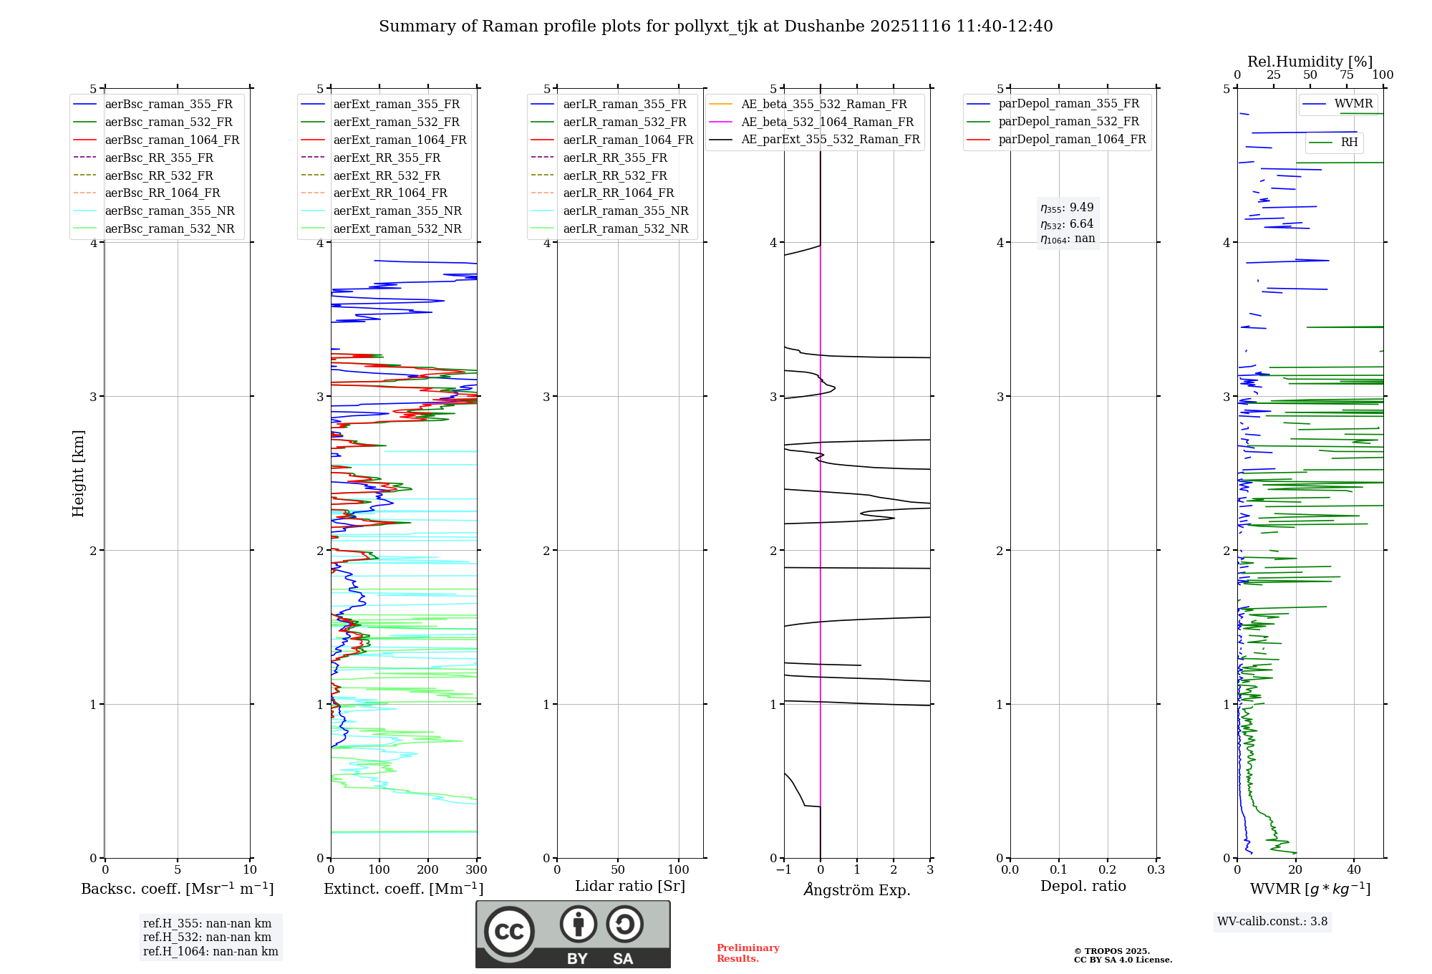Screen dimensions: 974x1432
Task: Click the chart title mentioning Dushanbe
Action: click(715, 26)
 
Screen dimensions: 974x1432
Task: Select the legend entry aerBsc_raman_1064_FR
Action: click(172, 140)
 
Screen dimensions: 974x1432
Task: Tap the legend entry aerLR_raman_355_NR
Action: click(625, 211)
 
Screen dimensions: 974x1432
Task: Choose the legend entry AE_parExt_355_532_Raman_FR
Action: click(830, 140)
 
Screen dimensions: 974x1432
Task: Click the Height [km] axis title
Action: click(79, 473)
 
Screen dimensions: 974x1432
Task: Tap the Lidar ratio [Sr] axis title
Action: click(630, 887)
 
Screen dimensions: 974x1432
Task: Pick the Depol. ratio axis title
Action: click(1083, 887)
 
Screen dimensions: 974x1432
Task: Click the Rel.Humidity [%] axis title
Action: click(1310, 62)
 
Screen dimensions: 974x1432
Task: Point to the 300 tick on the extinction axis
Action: click(477, 870)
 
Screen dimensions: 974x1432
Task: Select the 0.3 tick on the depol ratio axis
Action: click(1156, 870)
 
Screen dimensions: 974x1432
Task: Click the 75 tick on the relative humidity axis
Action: click(1346, 75)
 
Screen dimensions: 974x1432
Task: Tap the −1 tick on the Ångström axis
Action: click(784, 870)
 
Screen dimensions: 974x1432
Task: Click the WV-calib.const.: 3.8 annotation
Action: click(1272, 922)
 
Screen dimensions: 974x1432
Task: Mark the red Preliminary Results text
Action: click(748, 953)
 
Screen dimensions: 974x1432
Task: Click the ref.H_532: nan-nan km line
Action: click(207, 937)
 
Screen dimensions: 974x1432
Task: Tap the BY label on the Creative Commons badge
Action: click(577, 959)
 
